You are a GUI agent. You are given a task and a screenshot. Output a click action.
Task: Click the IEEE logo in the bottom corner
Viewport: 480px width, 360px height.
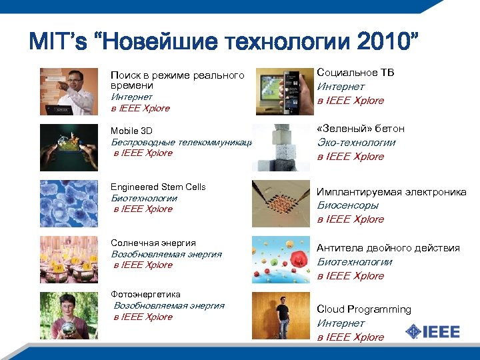(433, 331)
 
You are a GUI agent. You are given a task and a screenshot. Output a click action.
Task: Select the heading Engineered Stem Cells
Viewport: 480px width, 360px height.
(158, 187)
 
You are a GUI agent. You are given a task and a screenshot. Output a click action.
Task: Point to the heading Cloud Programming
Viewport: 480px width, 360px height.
(364, 309)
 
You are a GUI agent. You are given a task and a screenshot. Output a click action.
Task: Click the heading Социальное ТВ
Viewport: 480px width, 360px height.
(355, 72)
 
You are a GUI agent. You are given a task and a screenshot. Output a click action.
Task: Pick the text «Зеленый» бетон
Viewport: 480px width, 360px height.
(361, 128)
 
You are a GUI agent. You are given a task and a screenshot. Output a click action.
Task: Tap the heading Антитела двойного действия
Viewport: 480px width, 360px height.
(388, 248)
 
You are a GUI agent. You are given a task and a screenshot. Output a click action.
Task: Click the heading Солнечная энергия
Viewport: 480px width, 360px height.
(153, 243)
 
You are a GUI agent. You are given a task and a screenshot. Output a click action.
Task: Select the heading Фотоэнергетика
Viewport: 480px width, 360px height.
(145, 294)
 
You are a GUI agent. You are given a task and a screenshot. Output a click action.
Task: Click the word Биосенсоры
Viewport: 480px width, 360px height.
(347, 205)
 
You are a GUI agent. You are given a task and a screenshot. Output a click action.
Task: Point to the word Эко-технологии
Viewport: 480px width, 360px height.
(356, 142)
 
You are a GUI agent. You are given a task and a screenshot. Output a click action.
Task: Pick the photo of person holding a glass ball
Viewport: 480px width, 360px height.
(69, 315)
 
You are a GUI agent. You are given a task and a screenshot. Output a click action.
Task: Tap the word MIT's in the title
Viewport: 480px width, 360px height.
(57, 43)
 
